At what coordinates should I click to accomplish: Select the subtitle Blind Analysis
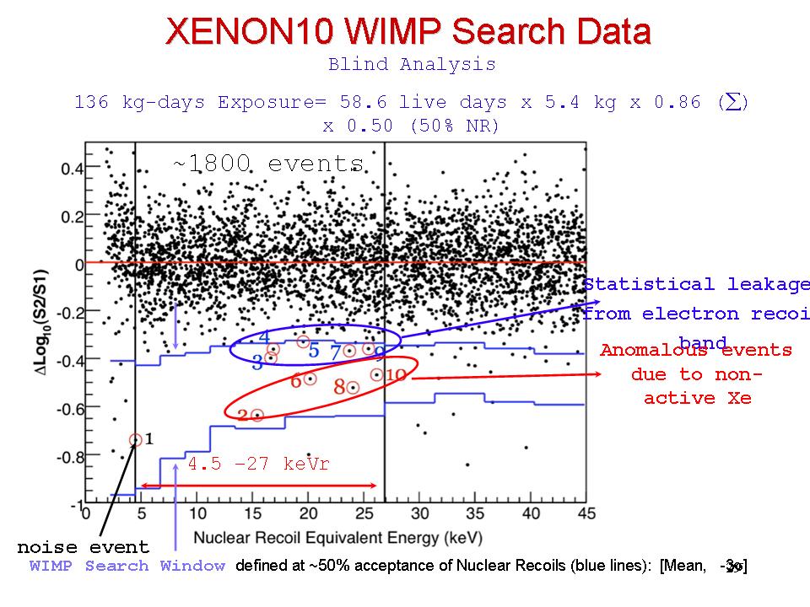point(412,64)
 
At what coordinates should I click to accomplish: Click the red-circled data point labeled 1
point(136,439)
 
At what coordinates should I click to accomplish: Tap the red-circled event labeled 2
point(257,415)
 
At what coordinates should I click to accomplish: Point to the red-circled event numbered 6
point(310,379)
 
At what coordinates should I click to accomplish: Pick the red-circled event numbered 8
point(353,387)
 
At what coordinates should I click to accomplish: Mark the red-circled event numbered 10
point(376,374)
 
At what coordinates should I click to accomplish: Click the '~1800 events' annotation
point(268,164)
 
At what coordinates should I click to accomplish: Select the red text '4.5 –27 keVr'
point(259,465)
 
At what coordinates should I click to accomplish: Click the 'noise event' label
point(83,548)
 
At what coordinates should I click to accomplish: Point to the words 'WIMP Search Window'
point(127,566)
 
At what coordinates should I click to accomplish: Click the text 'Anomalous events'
point(696,350)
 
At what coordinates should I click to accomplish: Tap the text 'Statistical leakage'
point(696,285)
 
